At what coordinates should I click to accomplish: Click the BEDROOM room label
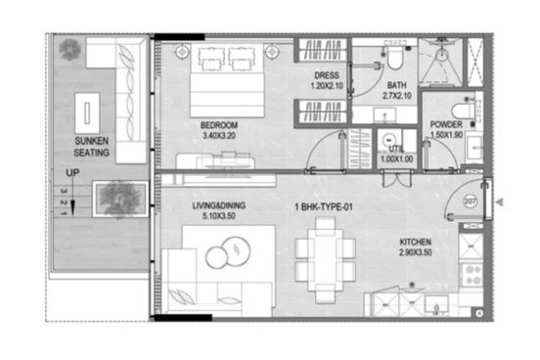coord(219,124)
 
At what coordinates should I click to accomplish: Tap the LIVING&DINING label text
coord(219,205)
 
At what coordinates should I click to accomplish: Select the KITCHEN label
coord(416,242)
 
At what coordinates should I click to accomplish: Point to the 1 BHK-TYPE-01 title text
coord(324,207)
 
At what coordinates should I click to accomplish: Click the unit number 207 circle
coord(471,202)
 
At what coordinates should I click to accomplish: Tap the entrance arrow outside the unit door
coord(499,202)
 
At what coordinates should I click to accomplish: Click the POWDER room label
coord(446,124)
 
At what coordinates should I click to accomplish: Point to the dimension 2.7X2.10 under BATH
coord(397,96)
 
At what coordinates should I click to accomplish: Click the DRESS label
coord(327,75)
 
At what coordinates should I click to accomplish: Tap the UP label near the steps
coord(72,172)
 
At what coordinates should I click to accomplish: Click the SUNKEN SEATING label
coord(92,147)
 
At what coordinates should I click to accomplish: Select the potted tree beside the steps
coord(120,200)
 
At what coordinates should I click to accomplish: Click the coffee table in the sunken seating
coord(87,113)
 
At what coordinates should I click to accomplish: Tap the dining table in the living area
coord(326,260)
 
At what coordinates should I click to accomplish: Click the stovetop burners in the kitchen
coord(472,275)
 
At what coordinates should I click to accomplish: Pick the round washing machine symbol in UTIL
coord(389,140)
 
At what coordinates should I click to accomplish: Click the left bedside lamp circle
coord(182,52)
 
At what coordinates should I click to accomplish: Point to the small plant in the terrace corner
coord(69,49)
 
